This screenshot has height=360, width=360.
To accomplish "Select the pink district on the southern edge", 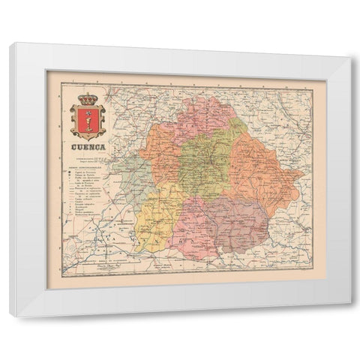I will (x=193, y=229).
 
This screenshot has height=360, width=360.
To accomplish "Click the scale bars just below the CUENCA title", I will (x=86, y=159).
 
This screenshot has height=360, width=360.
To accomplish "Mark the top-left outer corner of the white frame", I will (x=10, y=44).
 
